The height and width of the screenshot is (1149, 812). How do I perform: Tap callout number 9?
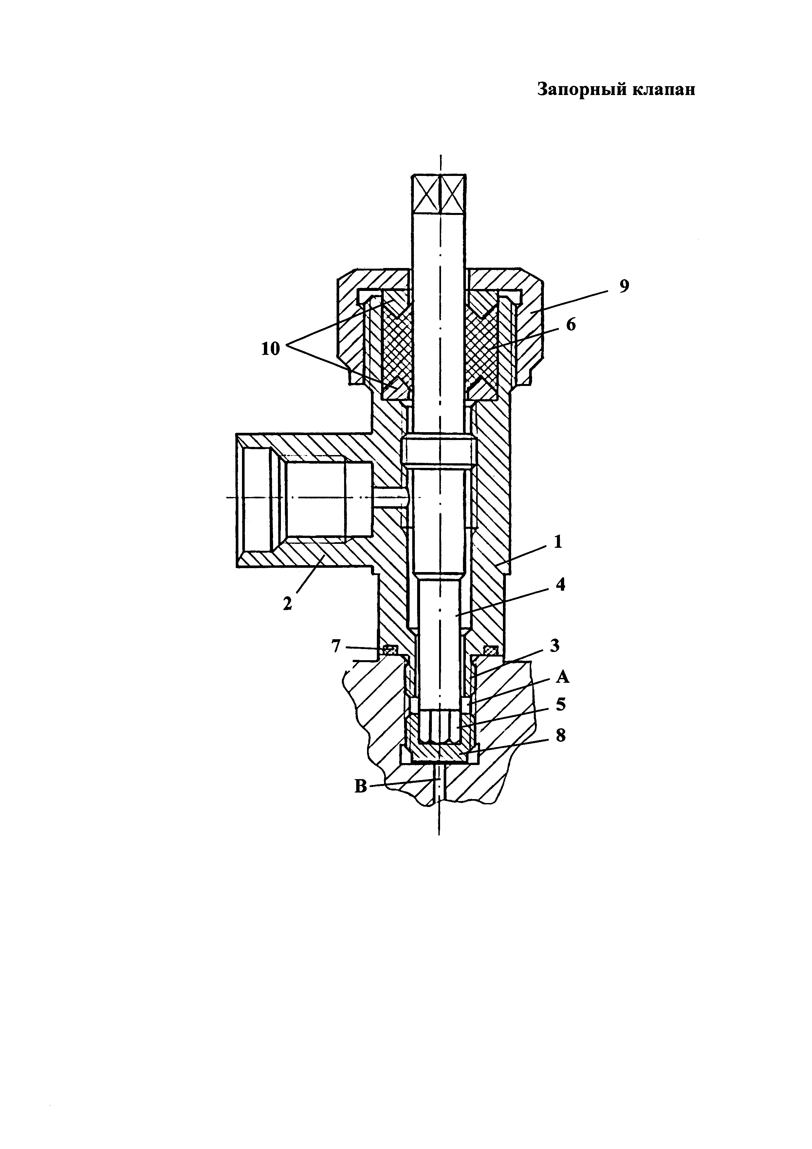[x=624, y=286]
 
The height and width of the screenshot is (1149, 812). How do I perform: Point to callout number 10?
[x=270, y=349]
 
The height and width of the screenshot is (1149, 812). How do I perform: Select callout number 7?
[x=336, y=646]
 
